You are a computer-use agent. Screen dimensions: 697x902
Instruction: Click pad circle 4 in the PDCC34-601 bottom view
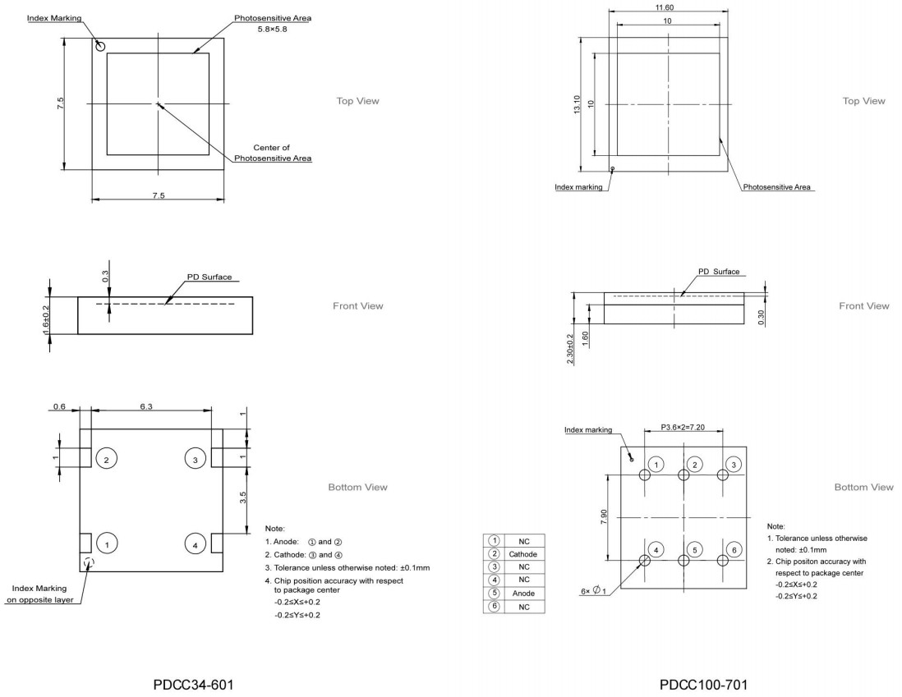click(x=195, y=543)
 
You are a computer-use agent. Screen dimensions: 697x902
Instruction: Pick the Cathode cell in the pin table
click(x=522, y=554)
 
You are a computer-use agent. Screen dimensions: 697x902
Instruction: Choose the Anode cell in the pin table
click(x=522, y=594)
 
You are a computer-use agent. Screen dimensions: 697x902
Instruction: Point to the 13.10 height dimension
click(x=578, y=103)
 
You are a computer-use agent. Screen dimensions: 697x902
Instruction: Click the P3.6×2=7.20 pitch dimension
click(x=688, y=428)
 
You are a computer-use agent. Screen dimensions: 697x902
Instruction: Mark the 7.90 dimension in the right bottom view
click(x=605, y=516)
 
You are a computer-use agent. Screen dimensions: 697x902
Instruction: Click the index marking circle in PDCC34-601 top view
click(x=100, y=47)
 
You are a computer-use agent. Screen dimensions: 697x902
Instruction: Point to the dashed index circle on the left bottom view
click(x=90, y=562)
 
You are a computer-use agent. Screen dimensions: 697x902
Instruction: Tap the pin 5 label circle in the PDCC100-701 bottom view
click(x=694, y=549)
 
